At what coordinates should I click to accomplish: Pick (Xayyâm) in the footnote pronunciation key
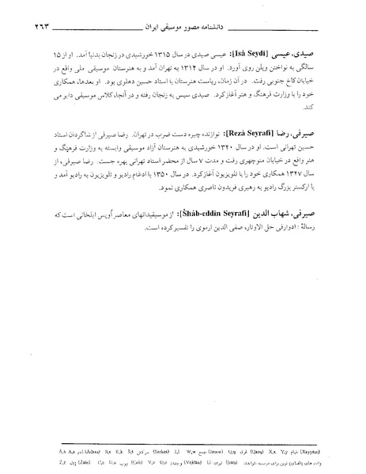326,448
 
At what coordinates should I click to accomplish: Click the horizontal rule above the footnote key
183,439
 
